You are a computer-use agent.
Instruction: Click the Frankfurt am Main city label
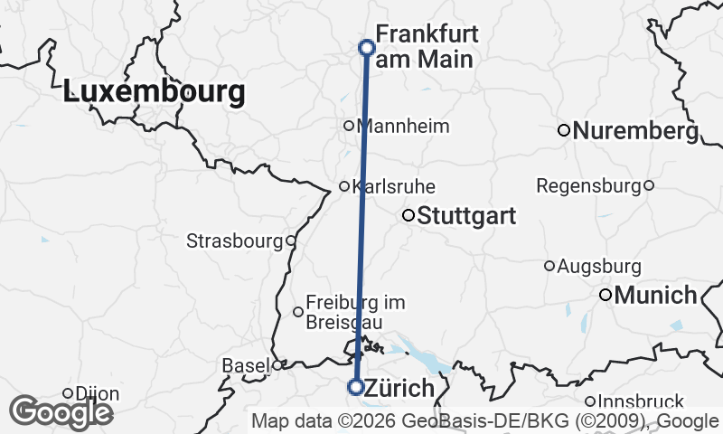[427, 47]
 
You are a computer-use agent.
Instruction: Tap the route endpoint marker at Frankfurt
[367, 47]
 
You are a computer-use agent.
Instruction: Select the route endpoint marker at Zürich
[356, 387]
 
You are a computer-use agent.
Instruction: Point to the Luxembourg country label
[155, 92]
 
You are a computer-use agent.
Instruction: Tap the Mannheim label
[404, 126]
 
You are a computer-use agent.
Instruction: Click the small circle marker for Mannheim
[349, 126]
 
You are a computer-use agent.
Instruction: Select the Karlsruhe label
[394, 187]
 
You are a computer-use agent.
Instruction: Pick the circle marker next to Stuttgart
[408, 215]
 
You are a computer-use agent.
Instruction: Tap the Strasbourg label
[235, 241]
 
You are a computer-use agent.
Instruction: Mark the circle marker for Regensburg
[649, 185]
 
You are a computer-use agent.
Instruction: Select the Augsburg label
[600, 267]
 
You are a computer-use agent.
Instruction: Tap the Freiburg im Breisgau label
[355, 312]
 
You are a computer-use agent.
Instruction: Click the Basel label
[246, 366]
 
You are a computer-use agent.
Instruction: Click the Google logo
[61, 412]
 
